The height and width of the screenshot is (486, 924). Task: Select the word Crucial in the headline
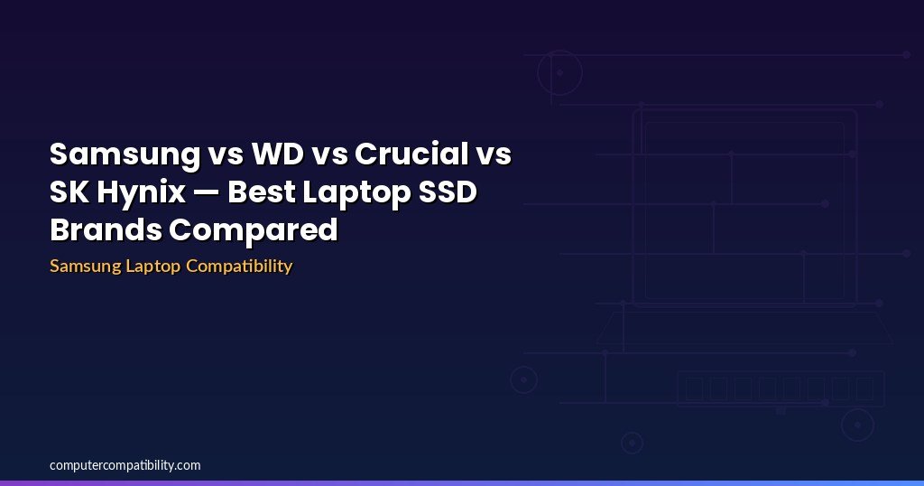(x=411, y=154)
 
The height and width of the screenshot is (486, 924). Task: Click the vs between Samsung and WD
(x=226, y=156)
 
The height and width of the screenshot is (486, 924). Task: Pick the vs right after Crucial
(x=494, y=156)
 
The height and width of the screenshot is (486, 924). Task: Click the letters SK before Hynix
(x=69, y=192)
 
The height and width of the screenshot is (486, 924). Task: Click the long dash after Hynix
(x=207, y=193)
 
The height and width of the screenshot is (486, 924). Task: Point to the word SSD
(x=448, y=192)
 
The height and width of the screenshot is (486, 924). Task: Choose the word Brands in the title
(x=106, y=229)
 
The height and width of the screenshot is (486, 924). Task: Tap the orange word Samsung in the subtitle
(x=86, y=266)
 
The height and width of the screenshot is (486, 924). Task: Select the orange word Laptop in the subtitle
(x=153, y=266)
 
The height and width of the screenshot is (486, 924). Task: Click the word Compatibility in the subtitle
(x=239, y=266)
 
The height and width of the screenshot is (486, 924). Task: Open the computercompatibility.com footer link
(x=125, y=465)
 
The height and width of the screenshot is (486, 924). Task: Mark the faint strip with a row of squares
(x=781, y=388)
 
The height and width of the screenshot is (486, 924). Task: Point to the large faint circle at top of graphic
(x=538, y=72)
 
